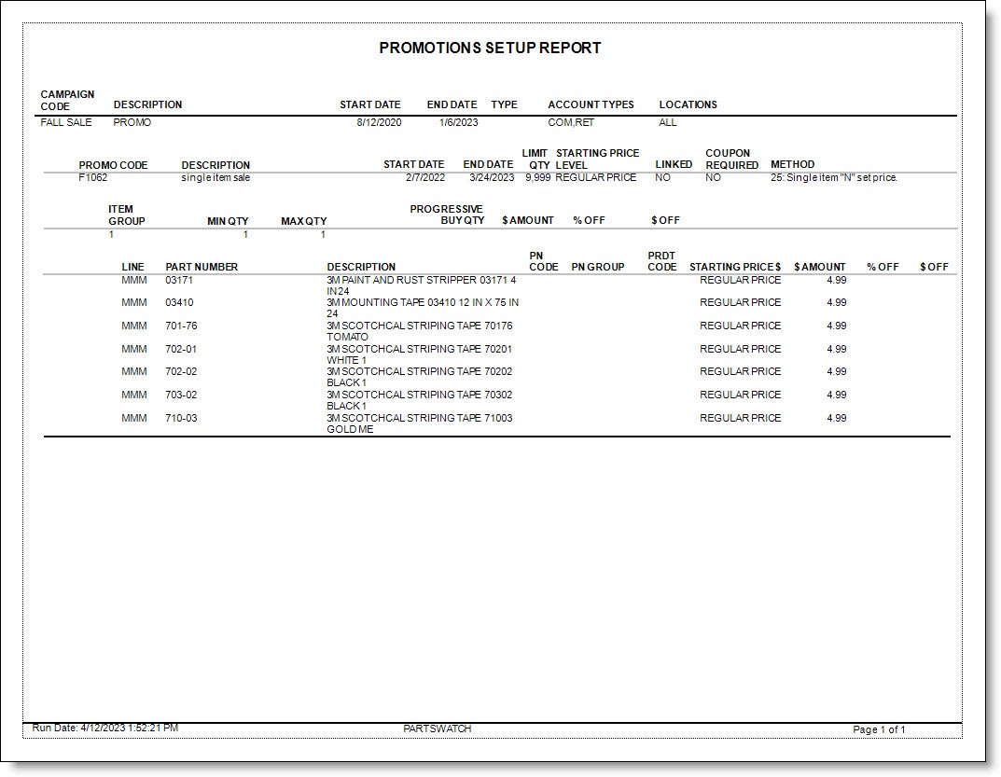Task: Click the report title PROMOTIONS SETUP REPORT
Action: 490,49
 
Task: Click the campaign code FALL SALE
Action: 66,122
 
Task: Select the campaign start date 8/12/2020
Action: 378,122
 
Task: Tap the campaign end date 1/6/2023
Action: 458,122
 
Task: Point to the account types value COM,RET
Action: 571,122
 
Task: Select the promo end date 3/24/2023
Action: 492,177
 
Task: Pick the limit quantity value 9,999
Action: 537,177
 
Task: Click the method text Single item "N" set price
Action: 834,177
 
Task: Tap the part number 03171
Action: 179,280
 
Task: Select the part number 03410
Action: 179,303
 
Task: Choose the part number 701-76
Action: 181,326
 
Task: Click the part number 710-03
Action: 181,419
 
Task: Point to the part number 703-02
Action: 181,395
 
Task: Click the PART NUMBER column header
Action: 202,267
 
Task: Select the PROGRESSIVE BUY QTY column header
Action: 447,215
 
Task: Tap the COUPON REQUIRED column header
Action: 731,160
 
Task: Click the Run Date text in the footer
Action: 104,728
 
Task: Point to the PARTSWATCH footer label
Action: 438,728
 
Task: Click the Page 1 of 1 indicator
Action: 879,729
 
